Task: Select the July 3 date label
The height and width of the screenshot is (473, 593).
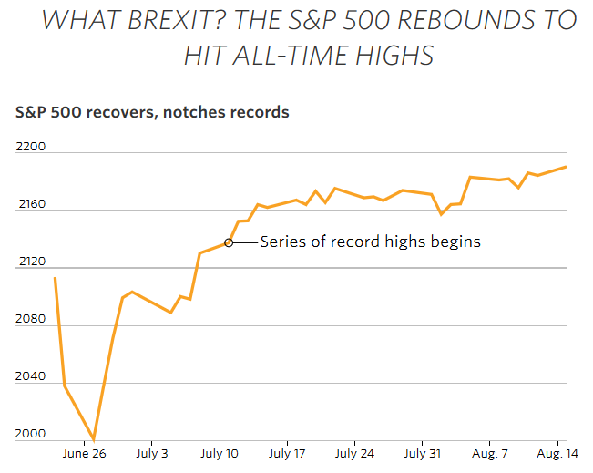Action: coord(152,453)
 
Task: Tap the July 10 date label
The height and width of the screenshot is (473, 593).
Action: coord(220,453)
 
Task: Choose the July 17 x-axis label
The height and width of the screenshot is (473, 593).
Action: coord(287,453)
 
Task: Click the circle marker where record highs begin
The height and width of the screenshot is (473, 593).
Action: coord(229,242)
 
